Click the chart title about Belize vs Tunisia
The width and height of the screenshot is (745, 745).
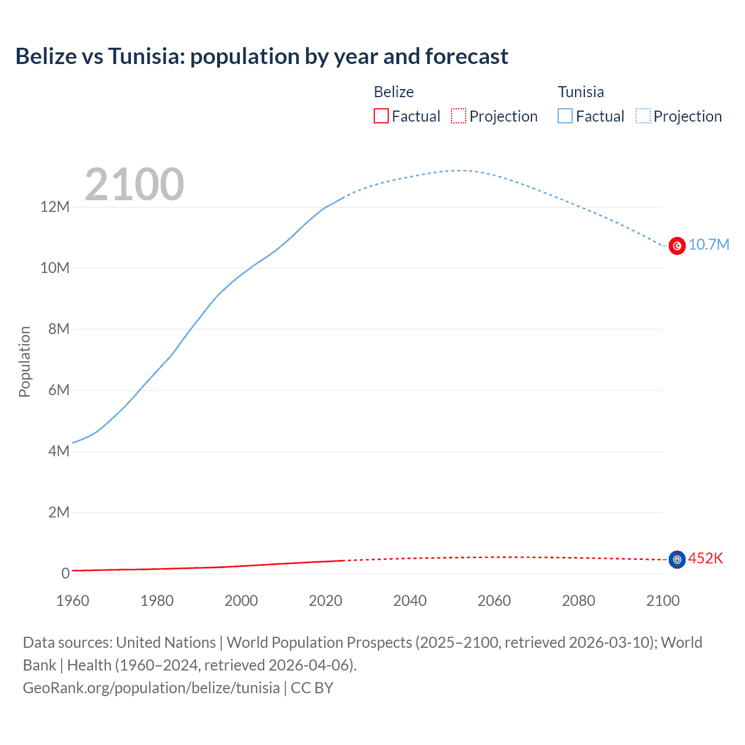pyautogui.click(x=262, y=56)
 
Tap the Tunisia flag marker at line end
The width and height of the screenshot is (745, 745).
pyautogui.click(x=677, y=246)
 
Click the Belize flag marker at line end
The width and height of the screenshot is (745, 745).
pyautogui.click(x=677, y=559)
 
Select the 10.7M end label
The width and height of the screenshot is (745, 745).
pyautogui.click(x=708, y=244)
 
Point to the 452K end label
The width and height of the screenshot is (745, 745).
pyautogui.click(x=705, y=559)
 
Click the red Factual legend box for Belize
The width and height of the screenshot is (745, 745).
pyautogui.click(x=381, y=116)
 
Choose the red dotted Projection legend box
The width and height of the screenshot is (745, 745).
pyautogui.click(x=459, y=116)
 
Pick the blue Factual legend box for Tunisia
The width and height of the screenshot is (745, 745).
pyautogui.click(x=565, y=116)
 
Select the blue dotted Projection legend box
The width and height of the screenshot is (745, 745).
pyautogui.click(x=643, y=116)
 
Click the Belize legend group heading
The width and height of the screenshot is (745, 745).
pyautogui.click(x=393, y=92)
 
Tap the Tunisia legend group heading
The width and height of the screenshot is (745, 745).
pyautogui.click(x=581, y=92)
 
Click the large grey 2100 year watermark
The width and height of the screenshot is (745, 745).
pyautogui.click(x=134, y=185)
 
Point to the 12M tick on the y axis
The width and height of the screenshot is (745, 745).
pyautogui.click(x=55, y=207)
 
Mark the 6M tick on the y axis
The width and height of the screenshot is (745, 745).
pyautogui.click(x=59, y=391)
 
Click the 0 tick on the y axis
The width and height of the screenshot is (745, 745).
pyautogui.click(x=66, y=573)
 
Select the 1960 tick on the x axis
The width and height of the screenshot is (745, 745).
pyautogui.click(x=73, y=601)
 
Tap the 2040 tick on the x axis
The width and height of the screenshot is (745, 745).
pyautogui.click(x=410, y=601)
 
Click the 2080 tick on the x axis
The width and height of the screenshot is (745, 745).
pyautogui.click(x=579, y=601)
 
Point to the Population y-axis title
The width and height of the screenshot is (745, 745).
pyautogui.click(x=24, y=361)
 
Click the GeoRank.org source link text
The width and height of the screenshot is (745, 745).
pyautogui.click(x=151, y=688)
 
